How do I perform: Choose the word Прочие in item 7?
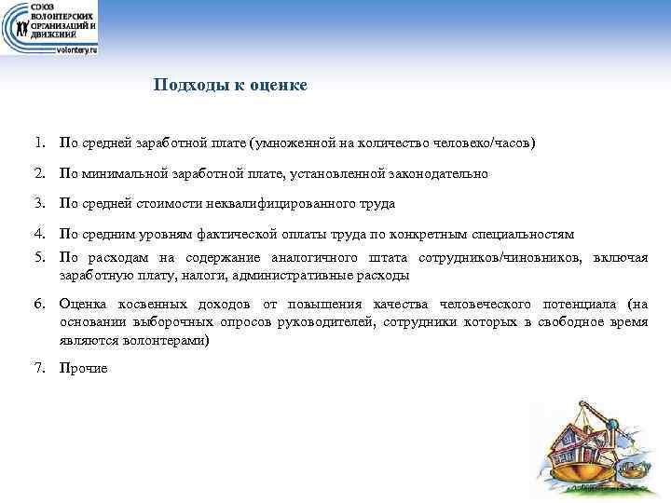(x=83, y=368)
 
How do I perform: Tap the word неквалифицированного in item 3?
(x=300, y=203)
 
